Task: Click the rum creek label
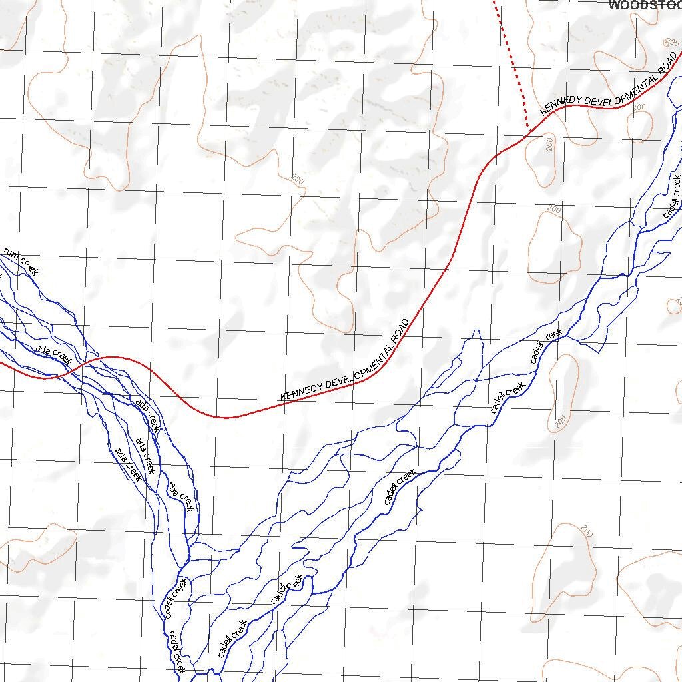[21, 260]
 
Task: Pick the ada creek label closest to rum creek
[53, 354]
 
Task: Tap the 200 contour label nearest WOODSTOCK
[668, 42]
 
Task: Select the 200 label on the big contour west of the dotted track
[298, 180]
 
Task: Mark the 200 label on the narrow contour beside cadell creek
[561, 421]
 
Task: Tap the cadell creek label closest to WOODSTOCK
[672, 196]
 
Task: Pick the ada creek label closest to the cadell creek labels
[181, 496]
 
